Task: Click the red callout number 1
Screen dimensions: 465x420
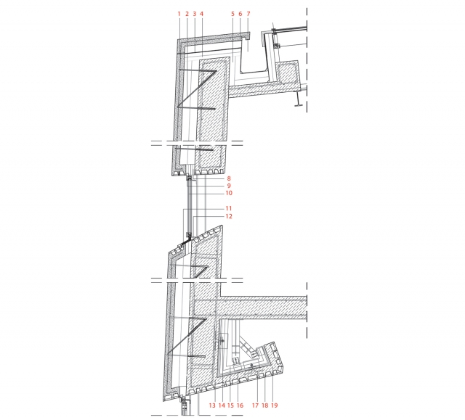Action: coord(179,14)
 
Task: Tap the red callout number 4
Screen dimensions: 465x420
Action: coord(202,14)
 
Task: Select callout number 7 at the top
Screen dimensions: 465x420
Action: coord(248,14)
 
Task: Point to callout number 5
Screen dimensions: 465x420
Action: coord(232,14)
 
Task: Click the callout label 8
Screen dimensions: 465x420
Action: coord(229,178)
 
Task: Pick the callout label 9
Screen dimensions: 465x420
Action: coord(229,186)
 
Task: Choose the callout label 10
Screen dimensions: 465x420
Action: coord(229,193)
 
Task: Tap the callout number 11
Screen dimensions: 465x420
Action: coord(229,208)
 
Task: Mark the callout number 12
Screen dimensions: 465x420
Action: coord(229,216)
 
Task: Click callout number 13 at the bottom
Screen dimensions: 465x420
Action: coord(212,405)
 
